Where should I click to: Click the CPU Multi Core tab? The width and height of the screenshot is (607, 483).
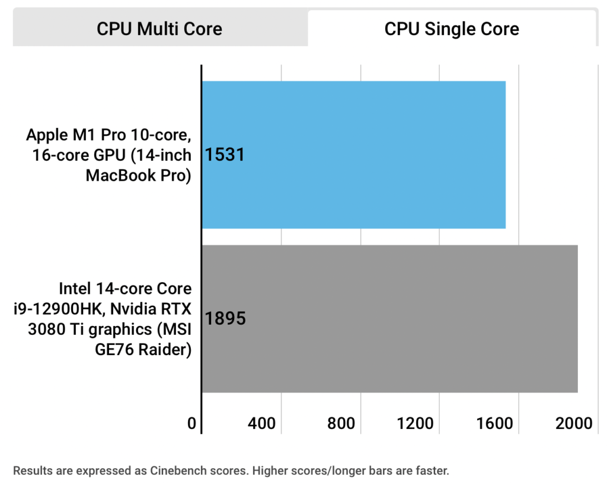[x=159, y=28]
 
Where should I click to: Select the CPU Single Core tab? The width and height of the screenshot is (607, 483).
[x=452, y=28]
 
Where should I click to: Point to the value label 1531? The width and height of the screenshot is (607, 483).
[x=225, y=155]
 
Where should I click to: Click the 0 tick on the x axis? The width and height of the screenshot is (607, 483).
[x=191, y=423]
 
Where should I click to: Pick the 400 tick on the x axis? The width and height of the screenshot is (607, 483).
[x=262, y=423]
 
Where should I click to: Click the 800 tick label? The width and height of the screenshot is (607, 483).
[x=341, y=423]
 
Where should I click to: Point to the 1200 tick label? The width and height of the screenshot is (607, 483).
[x=417, y=423]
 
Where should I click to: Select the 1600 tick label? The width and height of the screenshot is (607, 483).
[x=496, y=423]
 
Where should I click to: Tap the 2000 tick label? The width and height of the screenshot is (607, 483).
[x=573, y=423]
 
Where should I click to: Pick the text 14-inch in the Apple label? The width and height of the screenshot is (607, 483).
[x=163, y=155]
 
